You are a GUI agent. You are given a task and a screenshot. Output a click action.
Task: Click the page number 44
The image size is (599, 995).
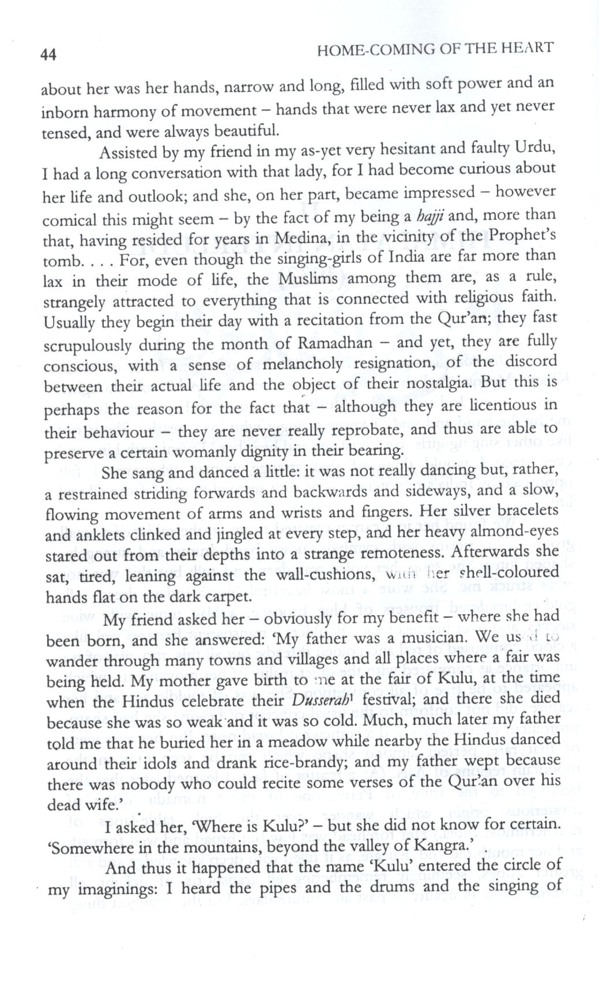coord(48,55)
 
